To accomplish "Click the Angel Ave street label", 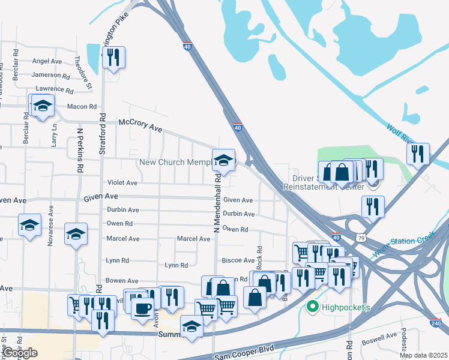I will pyautogui.click(x=47, y=61).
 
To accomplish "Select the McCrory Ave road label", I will pyautogui.click(x=140, y=125).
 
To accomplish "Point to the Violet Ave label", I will pyautogui.click(x=122, y=183).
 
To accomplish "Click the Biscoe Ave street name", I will pyautogui.click(x=239, y=260).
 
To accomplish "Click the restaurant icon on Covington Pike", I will pyautogui.click(x=113, y=58).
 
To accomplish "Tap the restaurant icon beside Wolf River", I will pyautogui.click(x=418, y=154).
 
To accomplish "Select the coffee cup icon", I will pyautogui.click(x=142, y=309).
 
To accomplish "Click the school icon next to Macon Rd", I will pyautogui.click(x=42, y=106).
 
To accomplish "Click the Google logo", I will pyautogui.click(x=20, y=352).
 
